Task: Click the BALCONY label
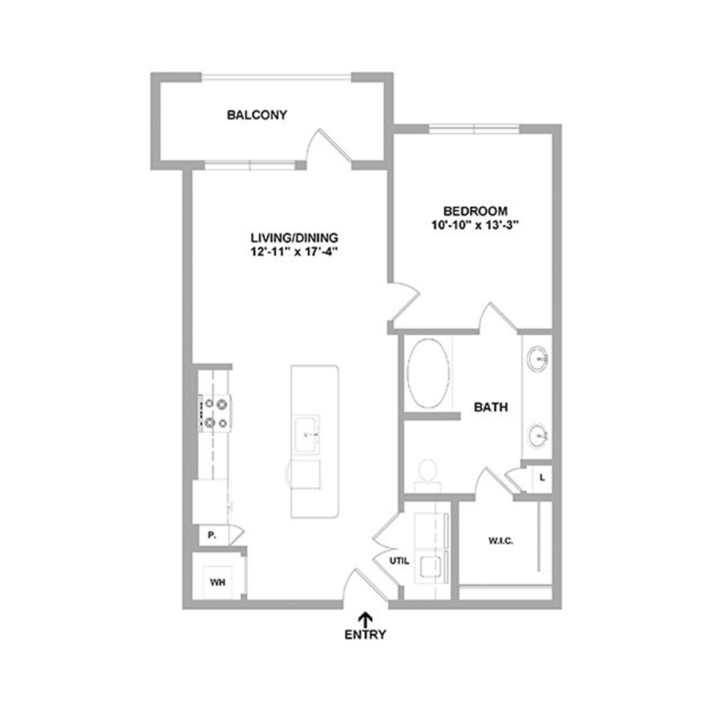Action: [257, 115]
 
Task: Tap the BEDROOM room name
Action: [476, 211]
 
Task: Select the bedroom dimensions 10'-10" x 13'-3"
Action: [475, 225]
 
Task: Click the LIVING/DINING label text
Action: [295, 238]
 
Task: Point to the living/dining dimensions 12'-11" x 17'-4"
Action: [295, 251]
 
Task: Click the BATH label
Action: [491, 407]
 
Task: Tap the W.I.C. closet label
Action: [501, 541]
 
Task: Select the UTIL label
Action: [399, 561]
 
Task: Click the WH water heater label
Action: [218, 582]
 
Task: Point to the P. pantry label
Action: [212, 535]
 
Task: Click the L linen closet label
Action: [542, 477]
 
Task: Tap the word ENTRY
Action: [365, 634]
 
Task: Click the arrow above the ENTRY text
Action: [366, 619]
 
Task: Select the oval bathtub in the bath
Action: [428, 373]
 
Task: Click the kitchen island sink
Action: [306, 434]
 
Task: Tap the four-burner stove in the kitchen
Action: [214, 413]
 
